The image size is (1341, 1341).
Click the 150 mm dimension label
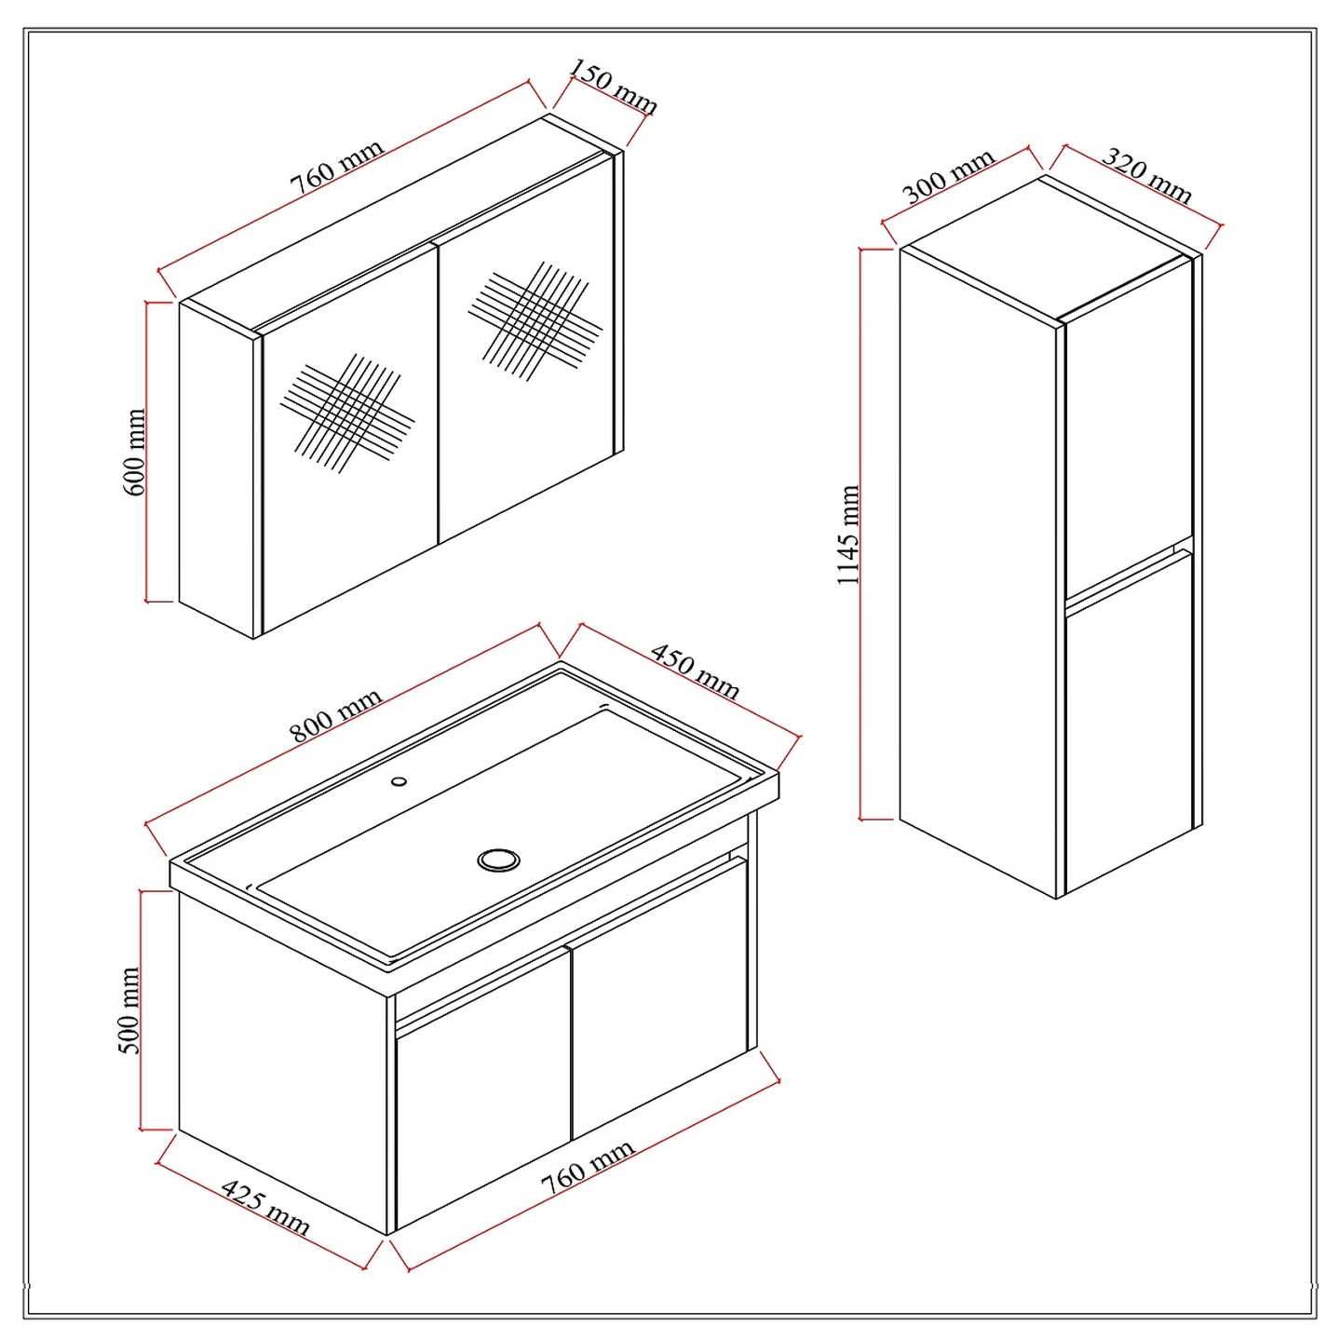tap(613, 87)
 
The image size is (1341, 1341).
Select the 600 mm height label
tap(134, 453)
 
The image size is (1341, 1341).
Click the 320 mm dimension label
tap(1147, 176)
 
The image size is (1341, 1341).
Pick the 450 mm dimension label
tap(694, 670)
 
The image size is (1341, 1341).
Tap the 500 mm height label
tap(130, 1010)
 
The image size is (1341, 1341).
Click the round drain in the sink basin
tap(497, 860)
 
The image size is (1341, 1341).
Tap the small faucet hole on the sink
tap(400, 780)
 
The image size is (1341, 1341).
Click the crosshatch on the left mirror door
tap(347, 413)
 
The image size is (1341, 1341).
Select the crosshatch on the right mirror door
tap(535, 320)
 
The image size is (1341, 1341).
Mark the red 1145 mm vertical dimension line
tap(863, 535)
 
